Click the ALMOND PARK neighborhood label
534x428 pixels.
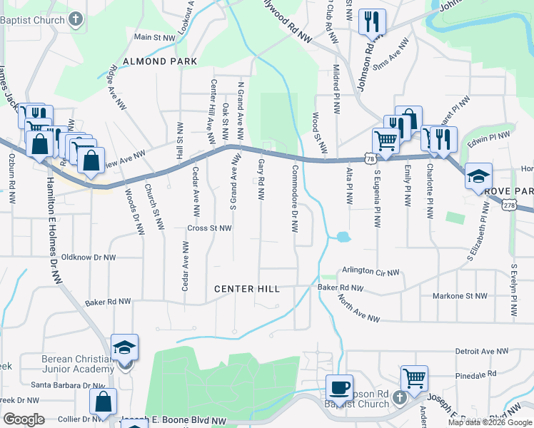[160, 62]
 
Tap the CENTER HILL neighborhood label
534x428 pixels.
[246, 289]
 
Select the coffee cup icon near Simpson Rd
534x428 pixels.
[340, 387]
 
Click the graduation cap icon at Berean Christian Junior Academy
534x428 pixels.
[125, 347]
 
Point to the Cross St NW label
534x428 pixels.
[210, 228]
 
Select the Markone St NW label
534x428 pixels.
[460, 295]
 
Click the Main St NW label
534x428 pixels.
[155, 36]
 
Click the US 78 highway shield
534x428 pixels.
[368, 158]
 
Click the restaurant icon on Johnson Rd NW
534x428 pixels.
[372, 22]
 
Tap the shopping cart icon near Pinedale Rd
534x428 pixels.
[414, 379]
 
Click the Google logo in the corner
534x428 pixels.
[24, 420]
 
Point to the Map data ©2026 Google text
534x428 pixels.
[490, 422]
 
